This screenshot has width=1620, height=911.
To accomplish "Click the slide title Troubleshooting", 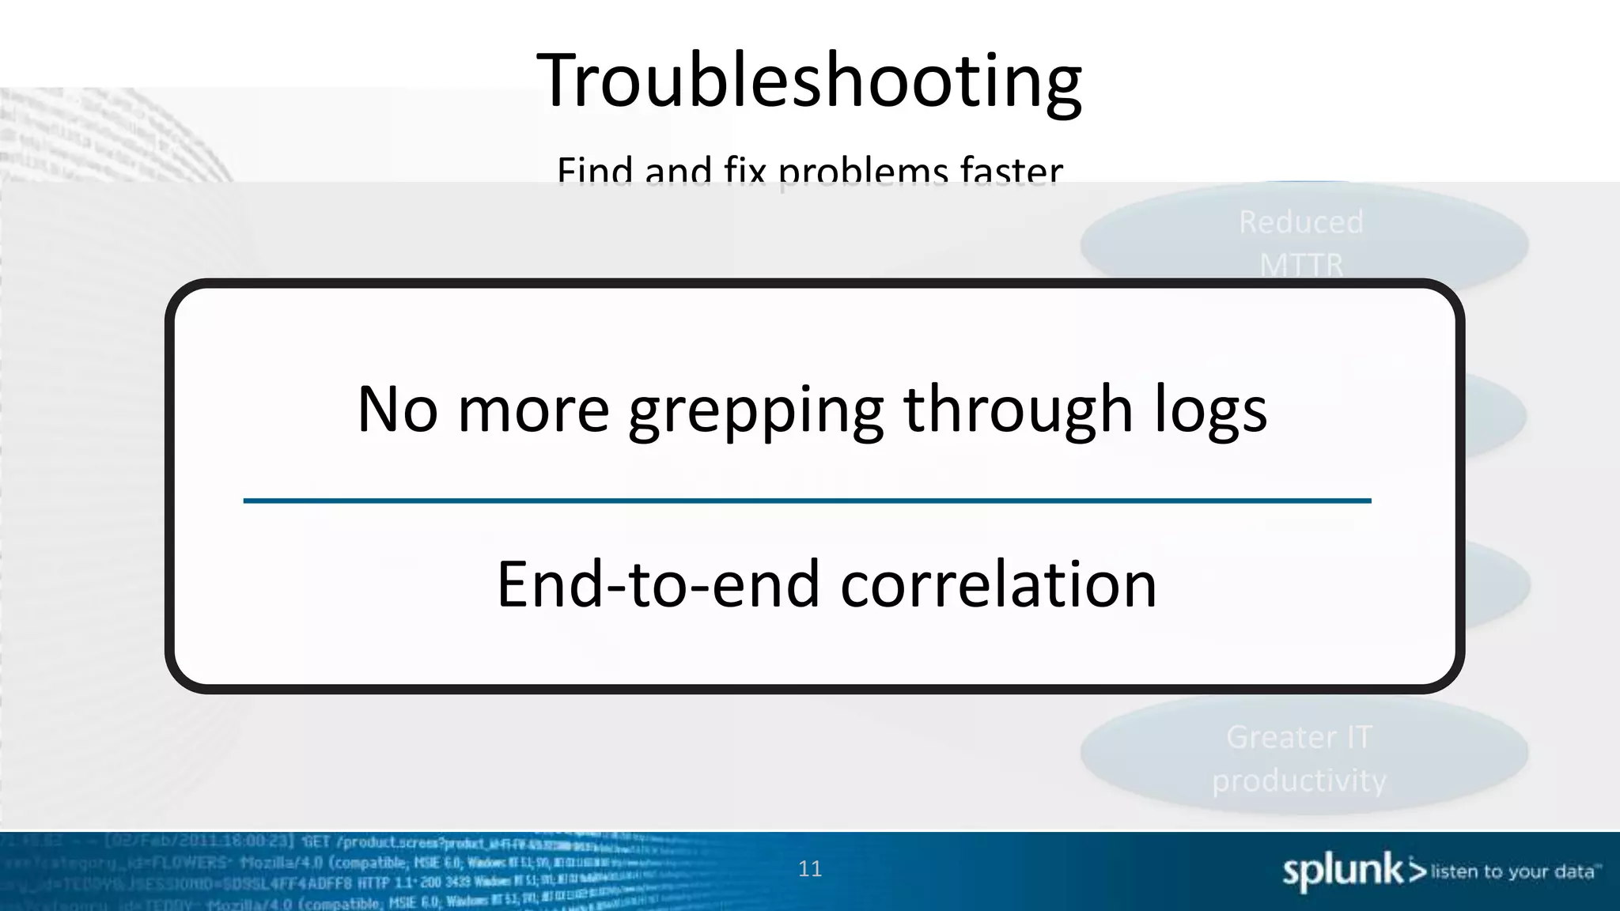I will pos(809,81).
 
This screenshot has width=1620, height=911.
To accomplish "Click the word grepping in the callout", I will pos(755,411).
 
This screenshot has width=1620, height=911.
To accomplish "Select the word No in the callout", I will pos(397,410).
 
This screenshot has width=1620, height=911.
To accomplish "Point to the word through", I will pos(1019,410).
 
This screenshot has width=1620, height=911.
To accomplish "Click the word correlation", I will pos(998,584).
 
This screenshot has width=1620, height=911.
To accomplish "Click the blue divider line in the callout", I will pos(807,501).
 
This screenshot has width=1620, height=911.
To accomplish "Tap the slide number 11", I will pos(810,869).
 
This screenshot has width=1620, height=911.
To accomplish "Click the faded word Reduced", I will pos(1301,222).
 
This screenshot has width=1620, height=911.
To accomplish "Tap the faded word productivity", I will pos(1300,781).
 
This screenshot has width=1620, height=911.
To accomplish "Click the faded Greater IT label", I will pos(1300,737).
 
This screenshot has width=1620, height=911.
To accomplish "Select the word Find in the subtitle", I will pos(595,171).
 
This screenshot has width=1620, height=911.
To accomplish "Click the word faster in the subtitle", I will pos(1012,171).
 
